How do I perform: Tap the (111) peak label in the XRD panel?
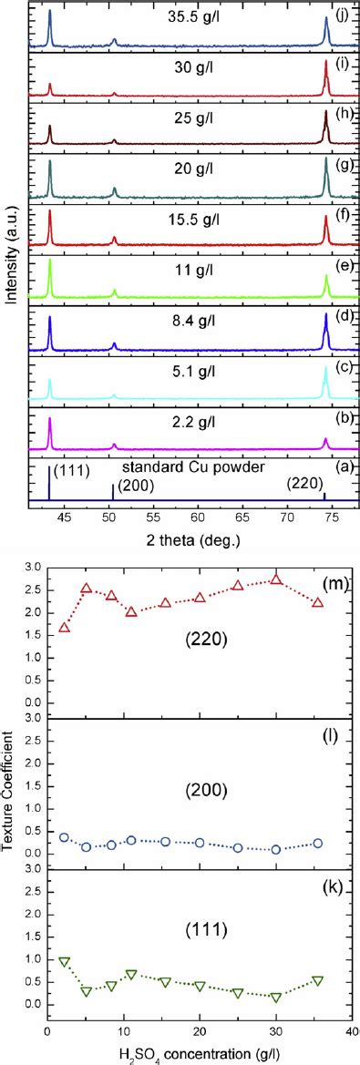coord(71,471)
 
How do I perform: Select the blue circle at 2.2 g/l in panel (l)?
coord(64,836)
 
